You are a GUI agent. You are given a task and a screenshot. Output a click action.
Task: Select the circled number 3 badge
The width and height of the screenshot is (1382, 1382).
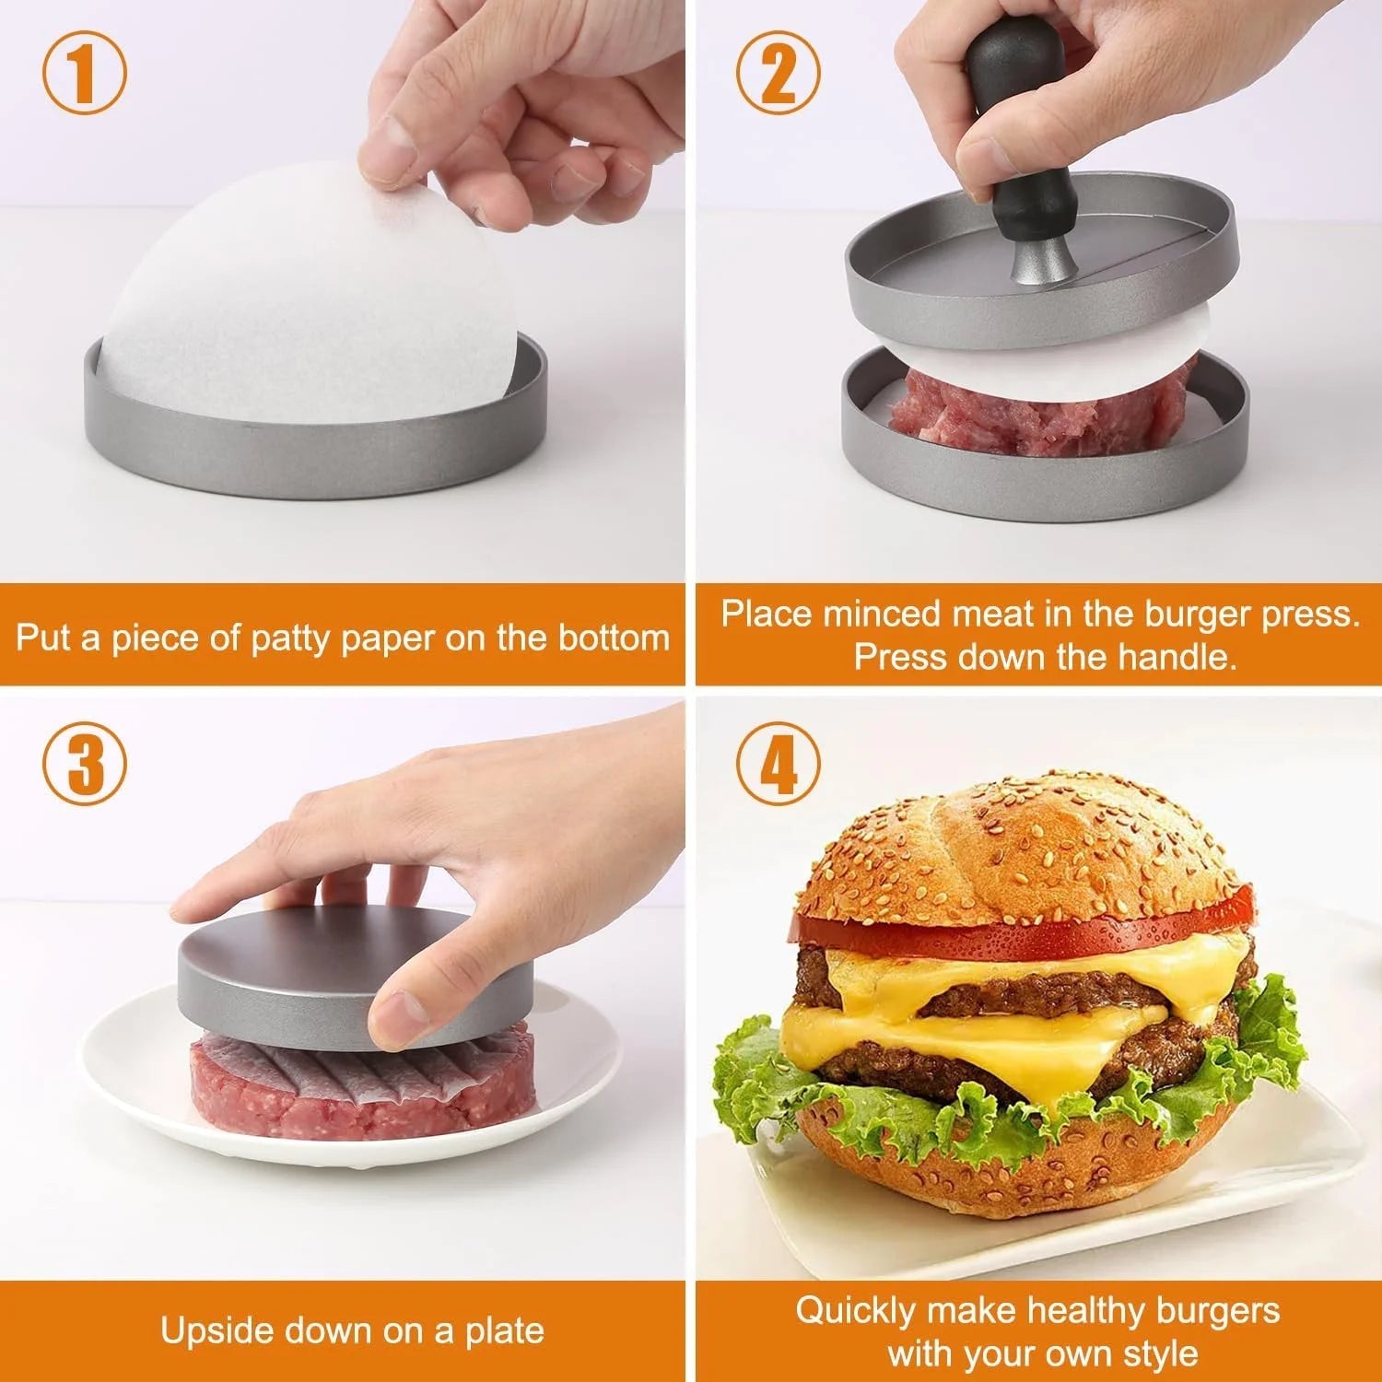click(85, 765)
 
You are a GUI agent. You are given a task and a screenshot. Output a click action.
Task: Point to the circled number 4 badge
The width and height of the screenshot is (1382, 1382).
click(779, 765)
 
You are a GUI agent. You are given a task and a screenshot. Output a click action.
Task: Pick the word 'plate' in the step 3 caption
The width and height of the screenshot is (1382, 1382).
click(502, 1330)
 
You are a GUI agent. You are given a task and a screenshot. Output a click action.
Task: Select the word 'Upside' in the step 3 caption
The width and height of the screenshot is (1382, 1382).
click(217, 1330)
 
